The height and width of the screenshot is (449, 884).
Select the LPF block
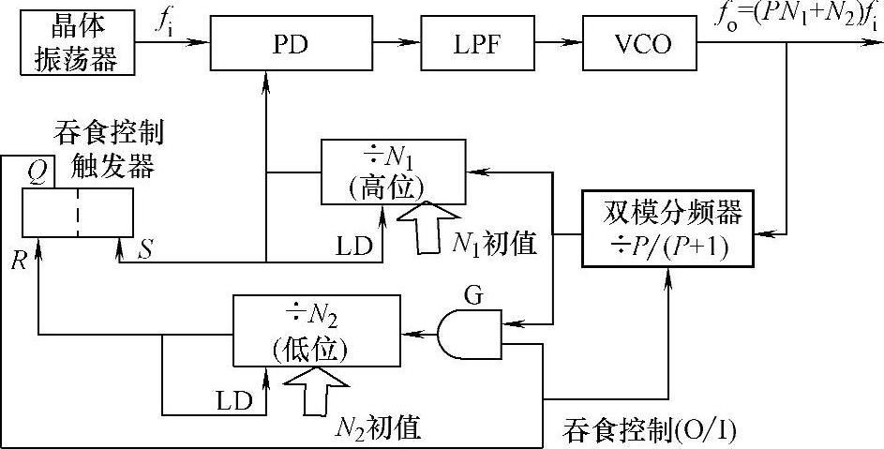466,44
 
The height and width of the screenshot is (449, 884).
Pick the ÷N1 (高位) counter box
393,172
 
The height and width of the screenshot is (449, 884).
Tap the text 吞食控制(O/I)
650,430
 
